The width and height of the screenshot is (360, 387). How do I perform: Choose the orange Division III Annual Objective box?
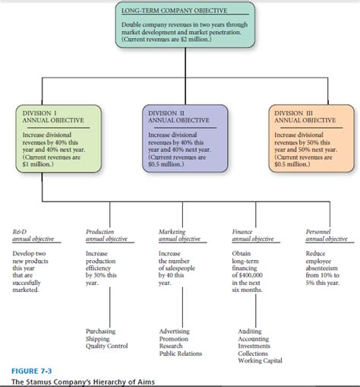305,144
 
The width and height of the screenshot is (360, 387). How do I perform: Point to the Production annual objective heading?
106,234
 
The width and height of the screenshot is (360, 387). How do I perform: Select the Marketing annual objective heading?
179,234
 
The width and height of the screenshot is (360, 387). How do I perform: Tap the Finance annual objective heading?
254,234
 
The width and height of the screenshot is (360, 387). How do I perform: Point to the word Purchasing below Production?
103,332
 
